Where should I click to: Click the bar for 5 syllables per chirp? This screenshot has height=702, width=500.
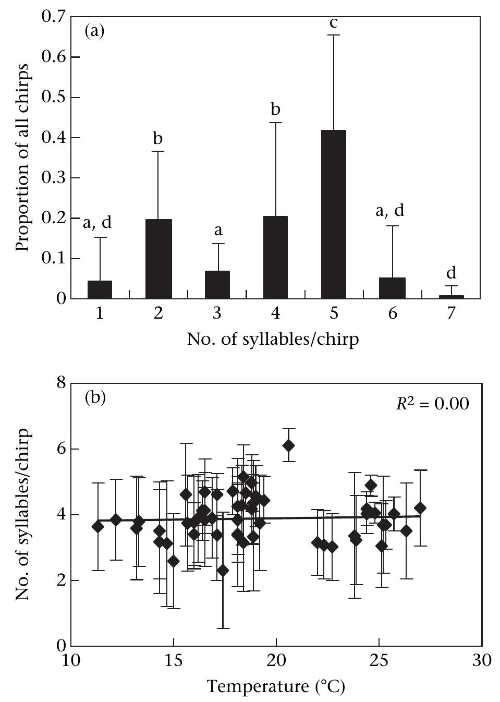(x=333, y=214)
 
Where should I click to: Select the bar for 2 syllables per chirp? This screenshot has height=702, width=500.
(x=158, y=259)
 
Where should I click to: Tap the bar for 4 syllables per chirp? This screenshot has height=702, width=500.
(x=275, y=257)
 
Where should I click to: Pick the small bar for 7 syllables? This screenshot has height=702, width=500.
(x=451, y=297)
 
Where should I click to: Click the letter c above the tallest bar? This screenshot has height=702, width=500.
(x=334, y=23)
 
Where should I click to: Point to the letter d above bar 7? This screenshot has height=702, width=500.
(x=451, y=273)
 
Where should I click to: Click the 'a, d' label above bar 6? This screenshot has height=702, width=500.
(x=390, y=211)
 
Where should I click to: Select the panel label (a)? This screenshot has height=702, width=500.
(x=94, y=31)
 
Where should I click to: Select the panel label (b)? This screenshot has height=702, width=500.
(x=94, y=398)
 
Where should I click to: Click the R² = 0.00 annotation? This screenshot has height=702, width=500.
(x=432, y=404)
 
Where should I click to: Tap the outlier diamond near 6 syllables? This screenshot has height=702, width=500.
(x=288, y=445)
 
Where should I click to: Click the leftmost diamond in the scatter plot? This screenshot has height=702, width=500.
(x=97, y=527)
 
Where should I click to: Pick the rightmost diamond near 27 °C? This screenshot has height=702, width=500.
(x=420, y=508)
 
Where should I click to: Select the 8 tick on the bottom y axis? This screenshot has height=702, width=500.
(x=62, y=383)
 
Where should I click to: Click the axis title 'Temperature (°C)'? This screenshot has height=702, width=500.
(x=276, y=686)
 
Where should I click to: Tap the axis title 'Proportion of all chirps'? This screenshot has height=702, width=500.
(x=22, y=158)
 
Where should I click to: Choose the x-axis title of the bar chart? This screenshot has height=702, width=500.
(x=273, y=340)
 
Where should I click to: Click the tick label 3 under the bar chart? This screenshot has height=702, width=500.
(x=217, y=313)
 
